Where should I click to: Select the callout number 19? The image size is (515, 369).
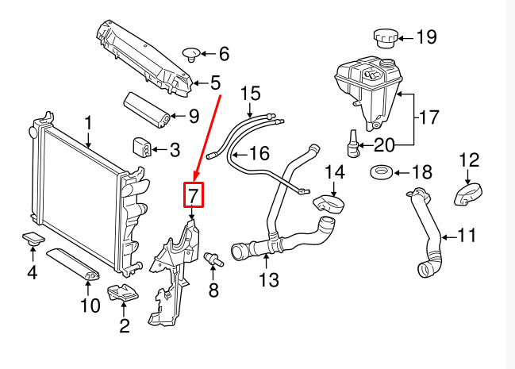[x=427, y=37]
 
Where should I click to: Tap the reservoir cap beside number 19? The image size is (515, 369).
[x=386, y=38]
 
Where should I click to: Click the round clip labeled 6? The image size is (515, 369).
[x=191, y=54]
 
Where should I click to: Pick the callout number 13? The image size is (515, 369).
[x=269, y=280]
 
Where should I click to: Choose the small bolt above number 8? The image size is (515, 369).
[x=213, y=259]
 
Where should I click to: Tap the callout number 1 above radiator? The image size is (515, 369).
[x=88, y=123]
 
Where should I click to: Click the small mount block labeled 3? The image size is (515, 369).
[x=142, y=146]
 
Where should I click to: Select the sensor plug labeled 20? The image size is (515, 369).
[x=353, y=144]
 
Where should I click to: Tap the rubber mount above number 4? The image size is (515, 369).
[x=33, y=239]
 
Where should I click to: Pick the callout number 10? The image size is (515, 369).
[x=90, y=306]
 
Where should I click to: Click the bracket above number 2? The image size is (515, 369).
[x=123, y=293]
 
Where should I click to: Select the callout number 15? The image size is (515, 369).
[x=251, y=94]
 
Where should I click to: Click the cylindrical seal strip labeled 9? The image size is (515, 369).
[x=147, y=110]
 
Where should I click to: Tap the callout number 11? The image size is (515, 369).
[x=467, y=235]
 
